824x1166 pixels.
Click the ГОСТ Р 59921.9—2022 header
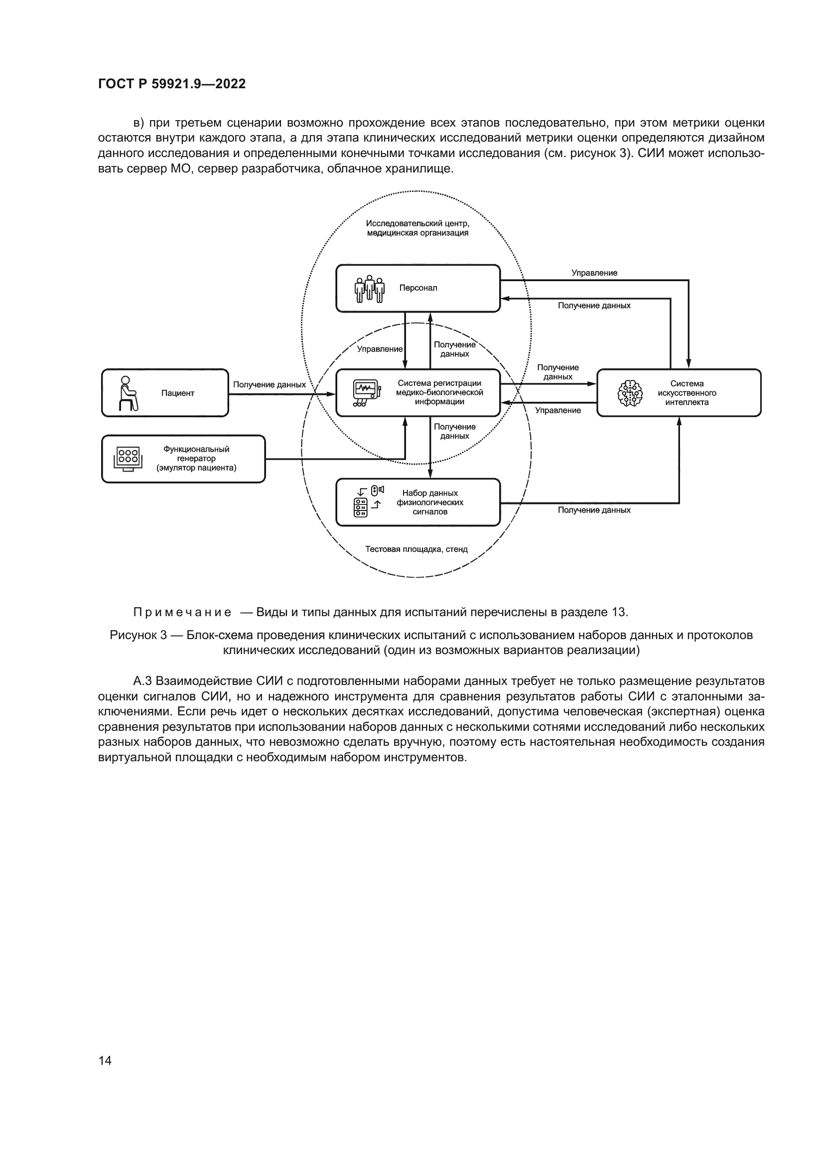point(171,84)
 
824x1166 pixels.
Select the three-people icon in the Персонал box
point(369,289)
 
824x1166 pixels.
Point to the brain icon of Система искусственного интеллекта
point(630,393)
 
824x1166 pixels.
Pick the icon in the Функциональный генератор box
point(128,459)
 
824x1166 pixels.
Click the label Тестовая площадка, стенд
point(416,549)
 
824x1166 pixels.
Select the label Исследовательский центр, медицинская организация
point(417,228)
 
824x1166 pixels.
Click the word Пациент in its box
point(177,393)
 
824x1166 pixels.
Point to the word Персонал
point(418,288)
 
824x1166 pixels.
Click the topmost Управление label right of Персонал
point(594,273)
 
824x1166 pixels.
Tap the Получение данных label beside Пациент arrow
point(270,384)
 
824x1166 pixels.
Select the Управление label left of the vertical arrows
point(380,349)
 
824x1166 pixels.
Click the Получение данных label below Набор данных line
point(594,510)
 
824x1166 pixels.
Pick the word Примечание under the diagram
point(182,612)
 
